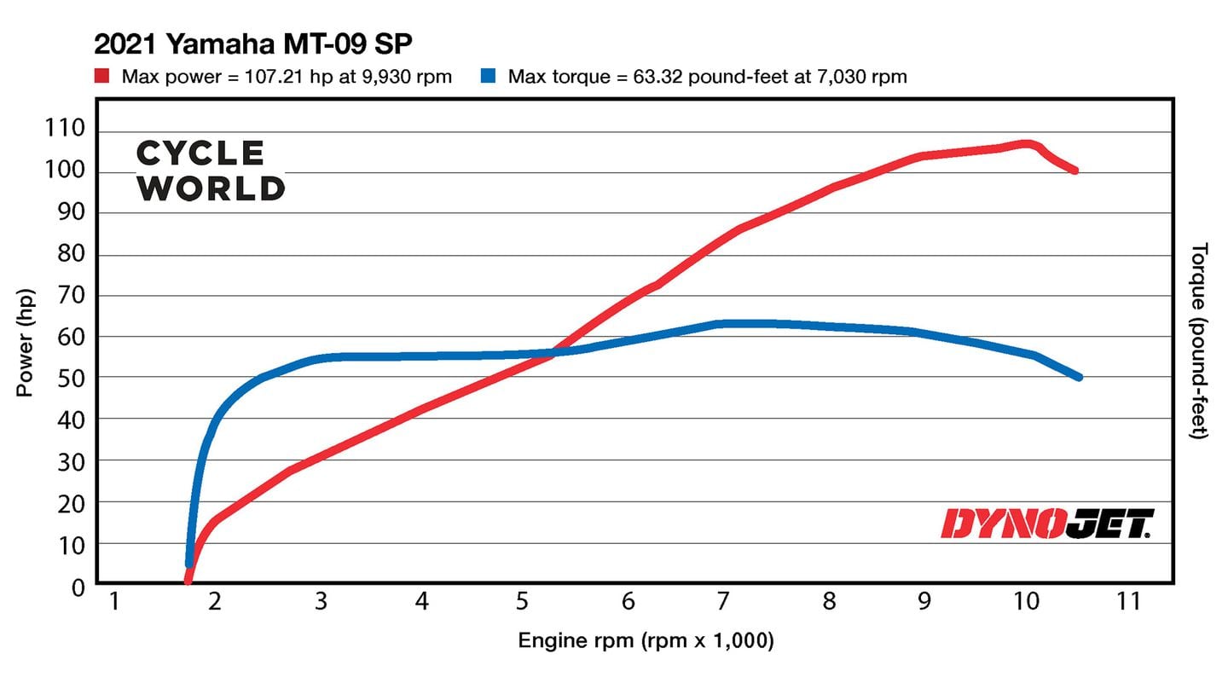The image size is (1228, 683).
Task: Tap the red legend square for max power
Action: tap(103, 77)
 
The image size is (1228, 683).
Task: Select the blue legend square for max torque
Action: tap(488, 77)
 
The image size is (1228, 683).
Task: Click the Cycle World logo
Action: tap(210, 171)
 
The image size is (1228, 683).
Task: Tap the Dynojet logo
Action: tap(1047, 524)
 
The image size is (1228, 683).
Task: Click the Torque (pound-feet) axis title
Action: tap(1201, 341)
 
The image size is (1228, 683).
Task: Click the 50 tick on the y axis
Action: tap(72, 377)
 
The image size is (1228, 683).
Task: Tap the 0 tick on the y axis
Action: tap(78, 587)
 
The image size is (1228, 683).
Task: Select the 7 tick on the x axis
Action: tap(722, 602)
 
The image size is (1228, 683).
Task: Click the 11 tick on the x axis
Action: tap(1127, 602)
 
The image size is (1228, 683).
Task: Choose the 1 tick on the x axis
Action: tap(113, 602)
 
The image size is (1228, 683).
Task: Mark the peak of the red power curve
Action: tap(1026, 143)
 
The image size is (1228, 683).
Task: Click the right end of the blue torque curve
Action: tap(1079, 376)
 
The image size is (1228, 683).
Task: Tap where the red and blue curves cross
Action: tap(554, 352)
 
